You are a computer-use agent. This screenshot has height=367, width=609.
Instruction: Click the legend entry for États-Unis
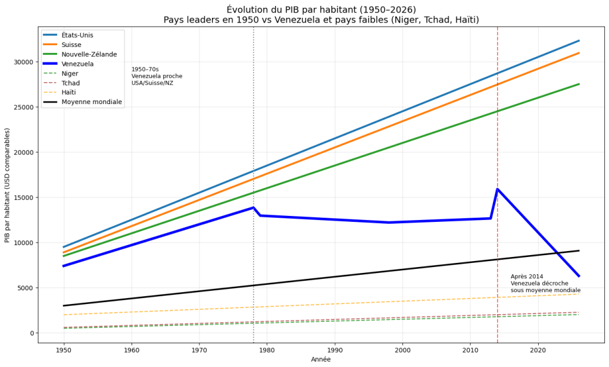77,35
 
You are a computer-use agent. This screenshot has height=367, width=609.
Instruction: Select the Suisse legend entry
71,45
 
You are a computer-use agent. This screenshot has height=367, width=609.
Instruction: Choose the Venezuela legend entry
77,64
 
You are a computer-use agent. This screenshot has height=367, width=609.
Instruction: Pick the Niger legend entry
70,73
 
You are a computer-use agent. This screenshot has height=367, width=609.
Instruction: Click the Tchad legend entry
70,83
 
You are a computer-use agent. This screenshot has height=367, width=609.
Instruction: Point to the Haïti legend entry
70,92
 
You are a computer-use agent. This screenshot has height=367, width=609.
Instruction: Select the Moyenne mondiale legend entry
91,102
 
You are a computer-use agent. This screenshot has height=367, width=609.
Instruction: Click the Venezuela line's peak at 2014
497,189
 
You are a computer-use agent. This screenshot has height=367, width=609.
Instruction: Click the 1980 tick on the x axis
267,350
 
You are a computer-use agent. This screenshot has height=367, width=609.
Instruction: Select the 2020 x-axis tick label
538,350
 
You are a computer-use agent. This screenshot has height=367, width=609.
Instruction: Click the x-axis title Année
321,359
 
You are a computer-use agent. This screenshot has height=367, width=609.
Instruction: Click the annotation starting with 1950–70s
157,76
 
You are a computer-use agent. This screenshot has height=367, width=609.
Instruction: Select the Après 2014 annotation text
545,283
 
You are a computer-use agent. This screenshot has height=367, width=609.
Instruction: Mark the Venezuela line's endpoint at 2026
579,276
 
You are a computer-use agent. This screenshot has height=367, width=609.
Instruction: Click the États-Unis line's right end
579,40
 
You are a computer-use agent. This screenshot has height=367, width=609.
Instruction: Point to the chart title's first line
321,10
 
